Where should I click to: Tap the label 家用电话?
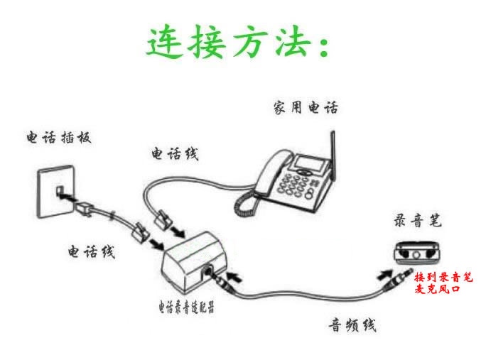point(306,108)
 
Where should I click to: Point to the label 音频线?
point(352,325)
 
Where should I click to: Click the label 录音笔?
point(418,221)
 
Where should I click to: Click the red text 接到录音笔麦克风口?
point(443,282)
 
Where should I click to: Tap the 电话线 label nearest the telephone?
point(175,153)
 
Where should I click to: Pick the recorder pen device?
point(417,251)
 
